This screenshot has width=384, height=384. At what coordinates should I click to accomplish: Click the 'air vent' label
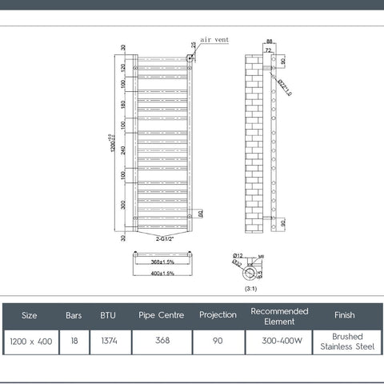click(x=214, y=38)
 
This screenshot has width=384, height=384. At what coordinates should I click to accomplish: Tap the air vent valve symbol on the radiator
click(x=190, y=58)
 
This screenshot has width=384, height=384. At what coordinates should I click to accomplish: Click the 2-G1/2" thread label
click(x=164, y=238)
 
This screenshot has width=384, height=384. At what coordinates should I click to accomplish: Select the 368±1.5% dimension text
click(x=162, y=262)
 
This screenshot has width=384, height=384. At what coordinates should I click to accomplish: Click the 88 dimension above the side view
click(x=270, y=42)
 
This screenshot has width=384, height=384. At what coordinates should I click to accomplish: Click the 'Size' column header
click(x=29, y=315)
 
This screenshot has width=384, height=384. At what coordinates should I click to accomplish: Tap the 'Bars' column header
click(x=73, y=315)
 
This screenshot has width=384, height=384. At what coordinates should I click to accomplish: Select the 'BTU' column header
click(x=108, y=315)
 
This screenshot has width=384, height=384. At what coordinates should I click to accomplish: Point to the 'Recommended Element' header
click(x=279, y=315)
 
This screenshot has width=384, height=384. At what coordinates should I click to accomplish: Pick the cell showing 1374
click(x=108, y=342)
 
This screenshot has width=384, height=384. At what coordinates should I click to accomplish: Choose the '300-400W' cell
click(x=279, y=342)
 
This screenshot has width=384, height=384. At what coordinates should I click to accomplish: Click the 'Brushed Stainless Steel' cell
click(x=346, y=342)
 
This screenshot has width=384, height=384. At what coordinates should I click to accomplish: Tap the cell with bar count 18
click(x=73, y=342)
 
